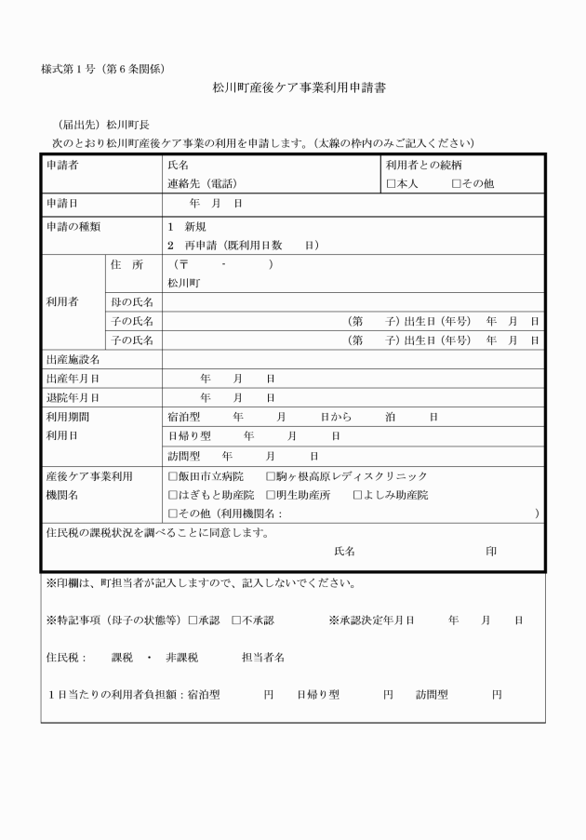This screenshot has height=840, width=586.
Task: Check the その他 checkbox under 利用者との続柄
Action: [x=457, y=183]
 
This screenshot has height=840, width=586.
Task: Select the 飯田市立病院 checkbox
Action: [x=172, y=476]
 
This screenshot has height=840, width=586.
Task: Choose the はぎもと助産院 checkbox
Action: [x=172, y=495]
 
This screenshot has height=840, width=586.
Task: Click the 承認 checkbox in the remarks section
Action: [x=193, y=620]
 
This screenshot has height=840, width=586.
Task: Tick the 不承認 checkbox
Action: [x=236, y=620]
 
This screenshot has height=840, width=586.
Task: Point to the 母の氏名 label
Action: [x=131, y=302]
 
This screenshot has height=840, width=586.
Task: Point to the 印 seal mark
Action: [x=491, y=552]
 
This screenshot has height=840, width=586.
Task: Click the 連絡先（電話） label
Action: [x=202, y=183]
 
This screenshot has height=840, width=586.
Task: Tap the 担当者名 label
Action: [x=263, y=658]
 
